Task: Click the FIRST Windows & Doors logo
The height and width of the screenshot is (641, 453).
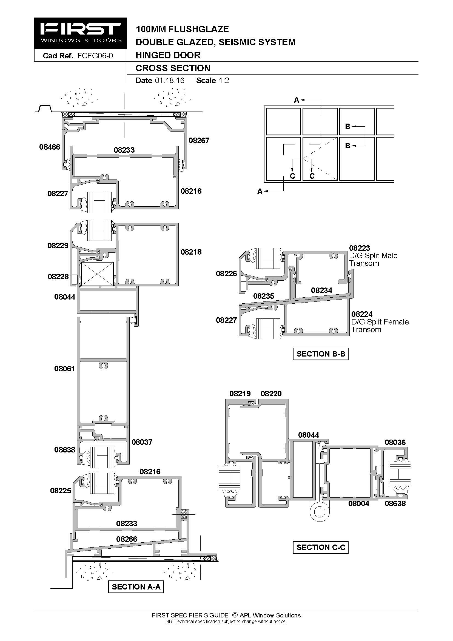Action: (81, 33)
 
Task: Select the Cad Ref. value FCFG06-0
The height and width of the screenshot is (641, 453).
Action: (95, 56)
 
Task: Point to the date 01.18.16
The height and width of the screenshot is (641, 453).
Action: (170, 80)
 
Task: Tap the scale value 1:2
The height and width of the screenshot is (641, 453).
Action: (224, 80)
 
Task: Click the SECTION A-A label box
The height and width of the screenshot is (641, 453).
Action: (136, 586)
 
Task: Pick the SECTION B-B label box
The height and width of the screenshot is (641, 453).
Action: (321, 354)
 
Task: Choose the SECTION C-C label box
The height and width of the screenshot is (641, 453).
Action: (321, 547)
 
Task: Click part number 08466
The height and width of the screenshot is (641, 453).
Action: (50, 147)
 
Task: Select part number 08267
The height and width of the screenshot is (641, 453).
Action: (199, 140)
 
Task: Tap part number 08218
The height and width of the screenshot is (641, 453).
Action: (191, 252)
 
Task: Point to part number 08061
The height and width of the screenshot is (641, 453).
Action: (64, 369)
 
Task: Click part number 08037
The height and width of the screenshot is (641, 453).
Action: (142, 442)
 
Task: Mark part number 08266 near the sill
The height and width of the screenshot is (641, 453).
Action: (127, 539)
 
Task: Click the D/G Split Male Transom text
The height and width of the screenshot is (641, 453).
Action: (374, 259)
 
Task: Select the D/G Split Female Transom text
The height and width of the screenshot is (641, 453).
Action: (380, 326)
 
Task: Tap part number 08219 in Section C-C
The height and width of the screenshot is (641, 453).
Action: (240, 394)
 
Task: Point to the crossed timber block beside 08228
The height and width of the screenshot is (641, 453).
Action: (97, 274)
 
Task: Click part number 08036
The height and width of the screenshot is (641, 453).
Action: (395, 442)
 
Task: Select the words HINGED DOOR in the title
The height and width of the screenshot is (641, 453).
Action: (168, 55)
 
